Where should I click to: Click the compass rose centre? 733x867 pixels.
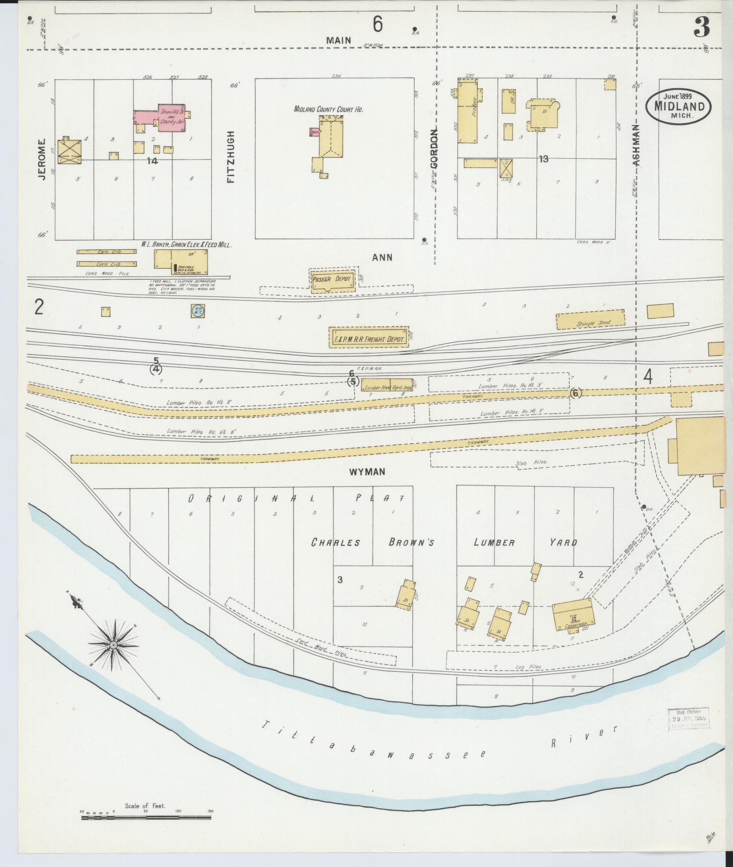113,645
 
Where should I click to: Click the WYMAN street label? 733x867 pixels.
367,472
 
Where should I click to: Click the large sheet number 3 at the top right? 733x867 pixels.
702,28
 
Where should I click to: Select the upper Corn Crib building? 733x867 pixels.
107,252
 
